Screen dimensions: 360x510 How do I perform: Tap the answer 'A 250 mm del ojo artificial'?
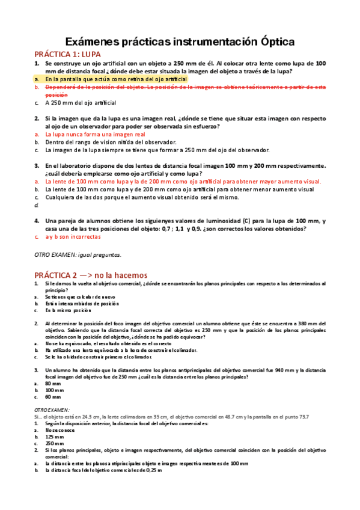coord(81,103)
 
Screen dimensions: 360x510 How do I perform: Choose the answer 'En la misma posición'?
coord(67,310)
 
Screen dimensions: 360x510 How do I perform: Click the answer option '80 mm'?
coord(53,383)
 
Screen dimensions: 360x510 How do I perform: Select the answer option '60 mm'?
coord(53,397)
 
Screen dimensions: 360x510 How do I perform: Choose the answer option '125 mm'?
coord(54,437)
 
